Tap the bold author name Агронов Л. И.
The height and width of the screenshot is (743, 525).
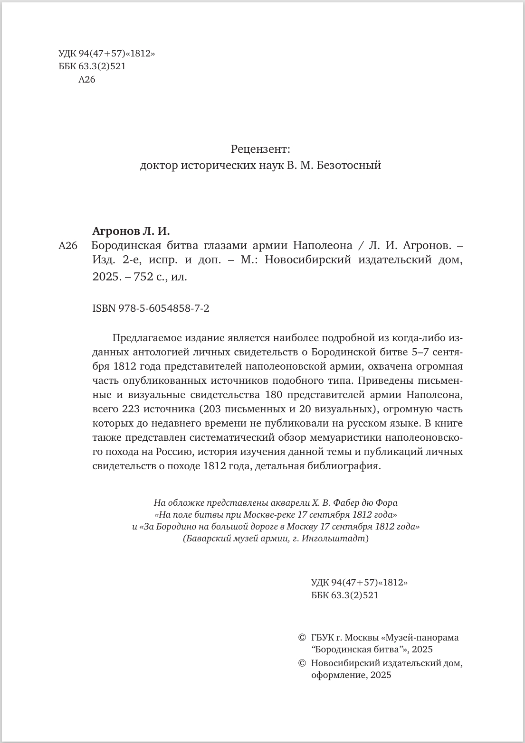131,231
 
